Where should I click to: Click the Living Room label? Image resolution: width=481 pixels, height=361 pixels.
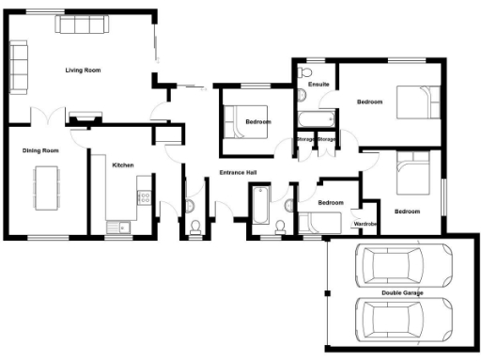point(83,71)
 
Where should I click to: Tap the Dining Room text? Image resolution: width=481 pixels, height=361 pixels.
point(41,150)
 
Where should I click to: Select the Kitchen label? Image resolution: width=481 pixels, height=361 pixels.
point(123,165)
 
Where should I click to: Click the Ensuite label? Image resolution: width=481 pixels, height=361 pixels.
point(318,85)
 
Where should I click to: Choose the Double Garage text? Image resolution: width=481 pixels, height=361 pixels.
point(401,294)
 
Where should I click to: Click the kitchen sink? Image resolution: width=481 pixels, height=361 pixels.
point(119,226)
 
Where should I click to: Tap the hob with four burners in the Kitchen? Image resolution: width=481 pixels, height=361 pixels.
point(144,197)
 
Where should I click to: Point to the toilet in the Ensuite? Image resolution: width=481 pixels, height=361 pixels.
point(302,74)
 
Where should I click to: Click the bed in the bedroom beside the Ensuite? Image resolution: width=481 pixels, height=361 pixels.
point(413,100)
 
